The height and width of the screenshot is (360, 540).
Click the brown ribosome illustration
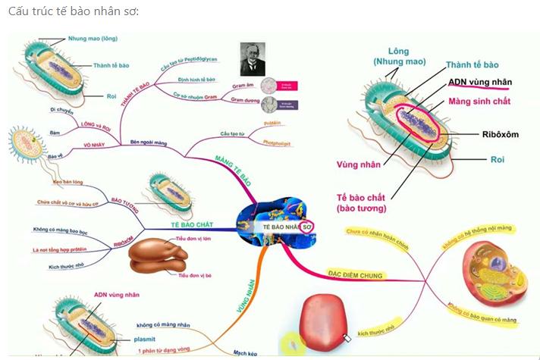(158, 257)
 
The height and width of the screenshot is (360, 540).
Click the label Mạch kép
(244, 353)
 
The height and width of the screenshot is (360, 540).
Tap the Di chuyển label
(61, 110)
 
